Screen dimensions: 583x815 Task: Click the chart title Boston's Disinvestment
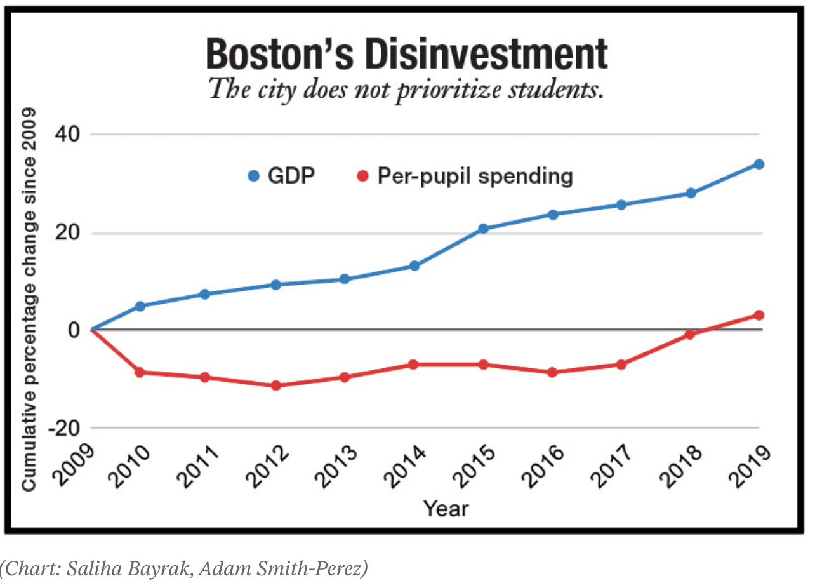pos(407,53)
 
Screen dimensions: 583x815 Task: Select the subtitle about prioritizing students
pos(406,88)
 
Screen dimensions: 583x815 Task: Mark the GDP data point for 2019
pos(759,164)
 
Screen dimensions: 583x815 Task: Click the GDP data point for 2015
pos(483,229)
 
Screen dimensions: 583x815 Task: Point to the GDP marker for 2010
pos(140,306)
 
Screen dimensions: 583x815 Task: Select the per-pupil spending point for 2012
pos(275,385)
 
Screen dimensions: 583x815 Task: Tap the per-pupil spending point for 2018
pos(691,334)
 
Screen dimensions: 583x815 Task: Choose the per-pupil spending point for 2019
pos(759,315)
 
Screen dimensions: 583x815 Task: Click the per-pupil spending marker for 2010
pos(140,372)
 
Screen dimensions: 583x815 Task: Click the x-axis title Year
pos(446,508)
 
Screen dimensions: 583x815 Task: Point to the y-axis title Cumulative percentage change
pos(29,298)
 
